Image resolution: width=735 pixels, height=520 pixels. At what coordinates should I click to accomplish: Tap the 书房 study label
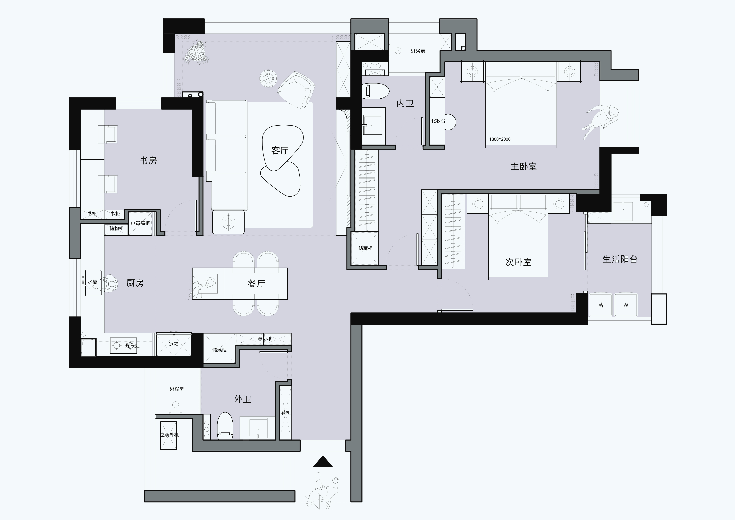pyautogui.click(x=148, y=161)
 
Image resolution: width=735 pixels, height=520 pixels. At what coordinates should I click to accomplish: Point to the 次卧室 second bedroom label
pyautogui.click(x=518, y=262)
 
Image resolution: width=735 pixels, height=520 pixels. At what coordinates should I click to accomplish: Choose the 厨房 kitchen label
pyautogui.click(x=135, y=283)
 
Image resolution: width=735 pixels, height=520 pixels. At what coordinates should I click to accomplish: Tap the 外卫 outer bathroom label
pyautogui.click(x=243, y=399)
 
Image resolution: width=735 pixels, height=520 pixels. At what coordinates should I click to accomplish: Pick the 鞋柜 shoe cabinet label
pyautogui.click(x=286, y=412)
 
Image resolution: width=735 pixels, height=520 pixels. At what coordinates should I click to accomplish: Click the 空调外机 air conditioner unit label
pyautogui.click(x=169, y=435)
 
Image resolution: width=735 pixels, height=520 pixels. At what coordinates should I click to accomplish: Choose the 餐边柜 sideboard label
pyautogui.click(x=264, y=339)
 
